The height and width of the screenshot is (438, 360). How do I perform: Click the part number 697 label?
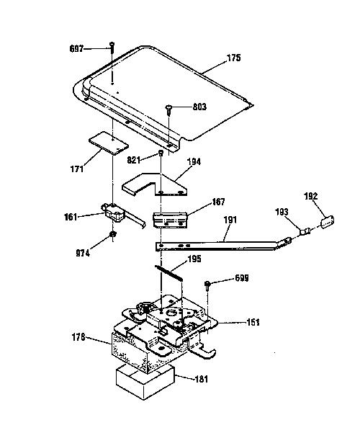click(x=76, y=49)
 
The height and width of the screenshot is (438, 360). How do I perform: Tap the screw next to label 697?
click(x=112, y=48)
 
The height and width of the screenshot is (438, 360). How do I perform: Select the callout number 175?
click(x=233, y=58)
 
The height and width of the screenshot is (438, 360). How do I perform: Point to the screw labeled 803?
click(x=168, y=109)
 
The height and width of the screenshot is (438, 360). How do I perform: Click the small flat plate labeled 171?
click(x=109, y=143)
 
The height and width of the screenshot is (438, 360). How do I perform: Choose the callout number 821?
click(x=134, y=160)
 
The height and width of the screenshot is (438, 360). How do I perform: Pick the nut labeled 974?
click(x=112, y=235)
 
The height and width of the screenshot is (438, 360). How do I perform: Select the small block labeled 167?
click(x=170, y=220)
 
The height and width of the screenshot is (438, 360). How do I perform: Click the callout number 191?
click(x=230, y=220)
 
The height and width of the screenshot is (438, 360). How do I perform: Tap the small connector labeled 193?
click(x=305, y=231)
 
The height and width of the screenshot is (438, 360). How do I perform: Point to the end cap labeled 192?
click(x=328, y=221)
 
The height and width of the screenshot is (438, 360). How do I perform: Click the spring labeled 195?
click(x=168, y=272)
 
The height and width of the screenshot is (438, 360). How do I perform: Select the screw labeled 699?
click(x=207, y=286)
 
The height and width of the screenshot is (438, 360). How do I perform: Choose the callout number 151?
click(x=253, y=322)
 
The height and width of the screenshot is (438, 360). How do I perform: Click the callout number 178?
click(x=78, y=337)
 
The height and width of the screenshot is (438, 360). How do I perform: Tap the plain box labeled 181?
click(x=145, y=381)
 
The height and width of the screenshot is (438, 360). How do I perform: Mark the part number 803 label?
click(x=199, y=107)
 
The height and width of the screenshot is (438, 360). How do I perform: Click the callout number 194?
click(x=194, y=161)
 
